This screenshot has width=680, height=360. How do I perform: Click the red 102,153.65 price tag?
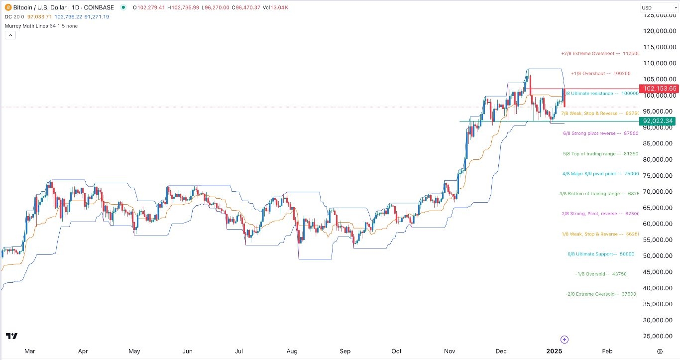[x=659, y=89]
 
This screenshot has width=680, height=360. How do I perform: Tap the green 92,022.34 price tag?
[x=658, y=121]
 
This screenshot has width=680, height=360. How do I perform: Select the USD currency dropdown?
[x=659, y=8]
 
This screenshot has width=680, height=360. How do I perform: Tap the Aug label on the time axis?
[x=292, y=351]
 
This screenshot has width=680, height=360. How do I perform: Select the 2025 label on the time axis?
[x=555, y=351]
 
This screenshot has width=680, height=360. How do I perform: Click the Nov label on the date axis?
[x=450, y=351]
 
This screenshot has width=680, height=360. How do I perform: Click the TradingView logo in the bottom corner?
[x=12, y=337]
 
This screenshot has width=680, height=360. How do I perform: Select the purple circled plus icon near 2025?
[x=564, y=340]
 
